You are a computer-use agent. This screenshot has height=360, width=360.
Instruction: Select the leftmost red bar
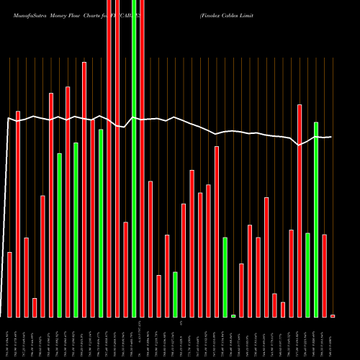click(9, 284)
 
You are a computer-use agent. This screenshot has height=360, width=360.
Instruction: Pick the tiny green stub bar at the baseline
click(233, 315)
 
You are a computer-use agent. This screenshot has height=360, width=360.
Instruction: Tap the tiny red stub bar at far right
click(333, 315)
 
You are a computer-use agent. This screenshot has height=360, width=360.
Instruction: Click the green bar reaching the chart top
click(133, 158)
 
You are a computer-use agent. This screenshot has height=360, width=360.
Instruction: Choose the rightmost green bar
click(316, 220)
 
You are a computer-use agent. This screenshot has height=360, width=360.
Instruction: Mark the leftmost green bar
click(59, 235)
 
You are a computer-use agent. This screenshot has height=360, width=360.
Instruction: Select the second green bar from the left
click(76, 230)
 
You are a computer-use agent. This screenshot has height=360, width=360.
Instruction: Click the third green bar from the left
click(101, 223)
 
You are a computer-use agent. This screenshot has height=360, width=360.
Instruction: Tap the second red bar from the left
click(18, 214)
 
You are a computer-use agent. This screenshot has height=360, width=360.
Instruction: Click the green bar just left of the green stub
click(225, 276)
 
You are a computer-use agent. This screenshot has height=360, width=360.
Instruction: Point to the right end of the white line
click(331, 137)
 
